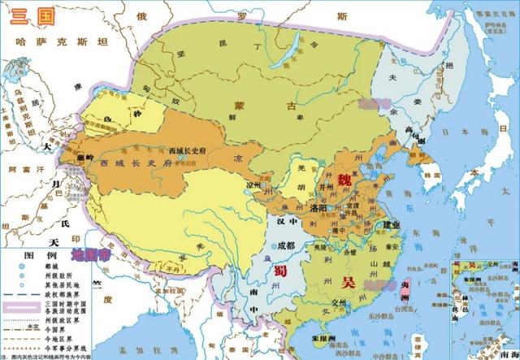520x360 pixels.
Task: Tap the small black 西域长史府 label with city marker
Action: point(190,152)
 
